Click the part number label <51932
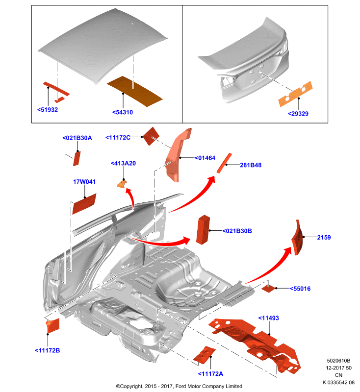tap(48, 110)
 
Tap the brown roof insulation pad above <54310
tap(134, 91)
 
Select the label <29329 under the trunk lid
tap(298, 114)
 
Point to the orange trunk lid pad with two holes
tap(295, 94)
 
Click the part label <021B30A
tap(77, 138)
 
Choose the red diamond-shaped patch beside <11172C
tap(151, 136)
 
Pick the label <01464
tap(205, 158)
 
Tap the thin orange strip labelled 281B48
tap(224, 163)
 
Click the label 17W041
tap(84, 182)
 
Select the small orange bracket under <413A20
tap(122, 184)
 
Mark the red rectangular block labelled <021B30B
tap(203, 229)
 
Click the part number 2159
tap(324, 238)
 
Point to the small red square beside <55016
tap(269, 289)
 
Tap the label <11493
tap(268, 318)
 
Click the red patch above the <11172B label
tap(52, 325)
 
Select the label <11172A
tap(210, 374)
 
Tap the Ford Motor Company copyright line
tap(179, 386)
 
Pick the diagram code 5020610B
tap(338, 361)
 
